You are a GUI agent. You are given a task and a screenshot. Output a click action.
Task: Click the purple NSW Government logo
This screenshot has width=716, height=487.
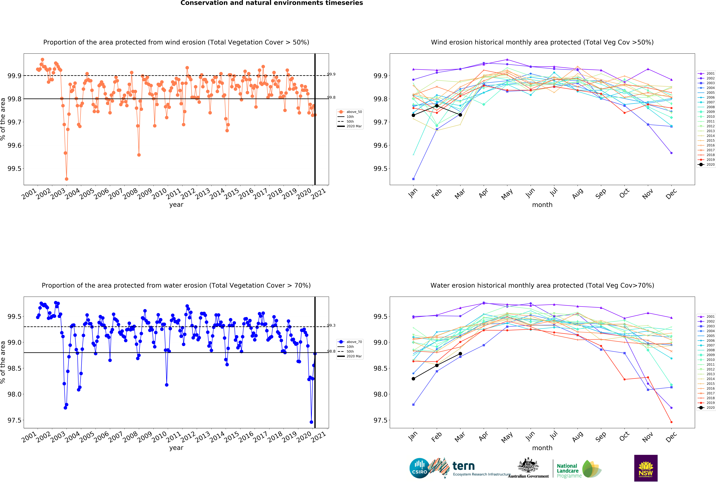[646, 468]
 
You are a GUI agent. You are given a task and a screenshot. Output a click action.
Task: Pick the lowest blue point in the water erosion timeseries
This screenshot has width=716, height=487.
[311, 422]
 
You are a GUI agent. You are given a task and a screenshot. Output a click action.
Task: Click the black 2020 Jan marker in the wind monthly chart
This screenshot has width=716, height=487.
[413, 115]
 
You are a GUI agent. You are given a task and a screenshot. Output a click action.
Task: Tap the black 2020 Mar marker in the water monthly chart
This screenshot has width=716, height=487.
[460, 354]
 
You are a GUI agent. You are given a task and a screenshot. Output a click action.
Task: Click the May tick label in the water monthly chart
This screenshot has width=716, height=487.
[507, 437]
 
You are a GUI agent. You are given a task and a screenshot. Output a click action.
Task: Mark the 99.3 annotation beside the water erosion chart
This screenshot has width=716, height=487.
[331, 325]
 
